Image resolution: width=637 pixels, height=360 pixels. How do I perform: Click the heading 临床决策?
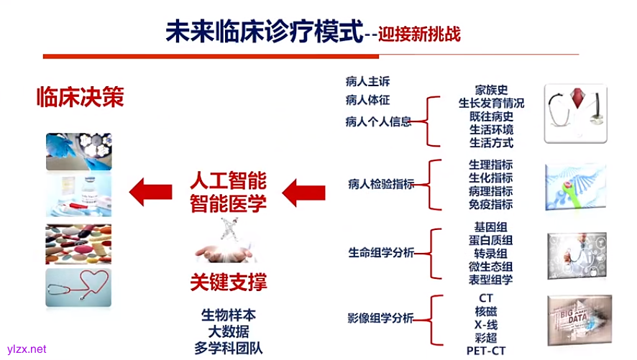pos(80,98)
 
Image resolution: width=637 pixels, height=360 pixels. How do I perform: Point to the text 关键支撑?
pos(228,282)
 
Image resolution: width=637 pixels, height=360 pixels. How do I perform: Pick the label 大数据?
pos(228,331)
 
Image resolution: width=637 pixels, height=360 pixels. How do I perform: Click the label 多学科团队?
pos(228,348)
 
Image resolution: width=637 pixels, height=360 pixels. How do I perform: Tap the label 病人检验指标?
pos(380,185)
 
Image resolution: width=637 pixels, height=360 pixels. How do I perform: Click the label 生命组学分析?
pos(381,253)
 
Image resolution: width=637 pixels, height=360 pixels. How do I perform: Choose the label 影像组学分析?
pos(381,318)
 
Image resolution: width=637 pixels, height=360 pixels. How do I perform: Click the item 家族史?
pos(492,91)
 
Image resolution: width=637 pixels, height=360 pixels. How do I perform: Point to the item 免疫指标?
pos(492,205)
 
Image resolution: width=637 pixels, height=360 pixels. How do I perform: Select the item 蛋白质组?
pos(492,240)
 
